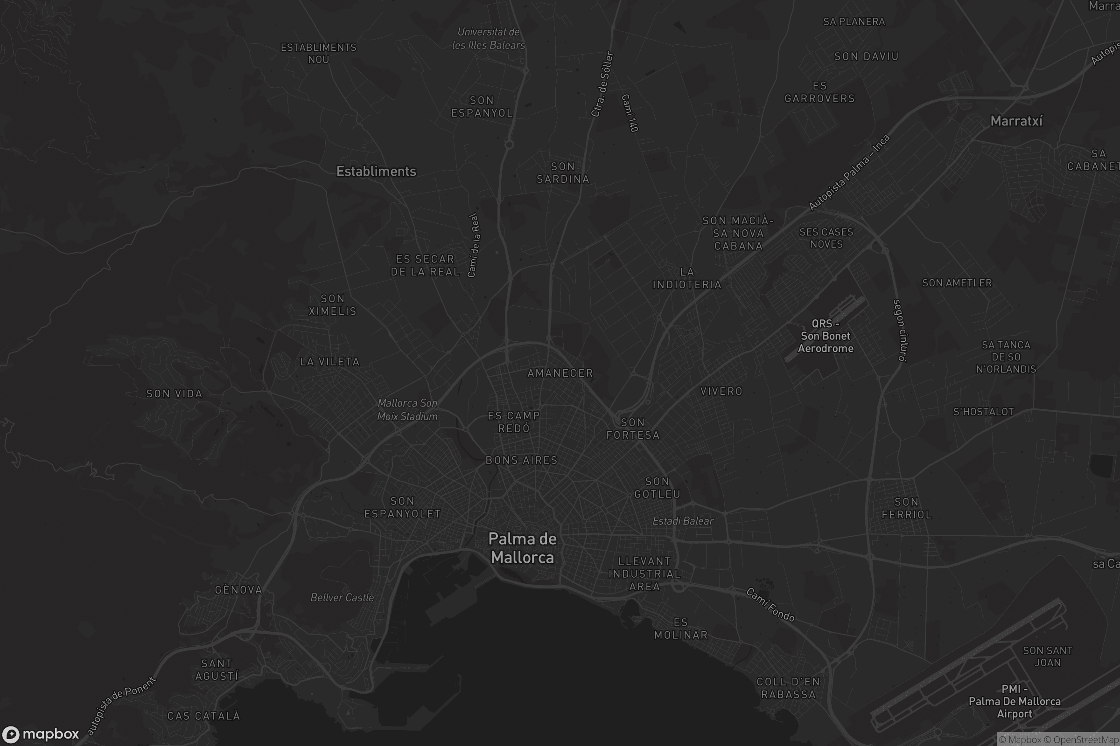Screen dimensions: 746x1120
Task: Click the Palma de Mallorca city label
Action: [x=522, y=548]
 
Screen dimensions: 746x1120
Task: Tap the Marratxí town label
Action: [x=1016, y=121]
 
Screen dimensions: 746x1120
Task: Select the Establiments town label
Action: [x=376, y=171]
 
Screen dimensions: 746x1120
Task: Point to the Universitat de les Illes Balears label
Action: [x=489, y=39]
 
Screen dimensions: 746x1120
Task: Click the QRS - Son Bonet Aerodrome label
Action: [x=825, y=336]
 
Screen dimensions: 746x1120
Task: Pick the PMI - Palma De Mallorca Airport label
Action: [x=1014, y=701]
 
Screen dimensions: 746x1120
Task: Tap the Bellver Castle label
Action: [x=342, y=598]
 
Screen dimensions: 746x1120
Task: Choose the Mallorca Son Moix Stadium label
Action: [x=407, y=410]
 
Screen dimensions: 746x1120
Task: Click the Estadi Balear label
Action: [x=682, y=521]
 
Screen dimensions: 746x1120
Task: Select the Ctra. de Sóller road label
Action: [x=602, y=84]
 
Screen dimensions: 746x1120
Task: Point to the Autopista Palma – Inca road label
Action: [x=848, y=172]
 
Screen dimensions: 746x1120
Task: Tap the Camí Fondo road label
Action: [x=770, y=605]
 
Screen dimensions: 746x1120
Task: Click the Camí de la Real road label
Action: [x=473, y=245]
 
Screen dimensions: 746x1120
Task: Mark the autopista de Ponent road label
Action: [x=121, y=705]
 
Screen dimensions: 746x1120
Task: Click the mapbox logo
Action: [x=40, y=734]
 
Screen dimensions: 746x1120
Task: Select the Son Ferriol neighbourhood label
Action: [x=906, y=508]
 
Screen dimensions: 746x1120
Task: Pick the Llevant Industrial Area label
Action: [x=644, y=574]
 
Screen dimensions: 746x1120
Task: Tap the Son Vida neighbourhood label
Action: [x=174, y=394]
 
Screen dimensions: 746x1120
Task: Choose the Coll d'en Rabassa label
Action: [x=788, y=688]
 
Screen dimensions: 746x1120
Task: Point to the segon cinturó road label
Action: [x=900, y=330]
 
